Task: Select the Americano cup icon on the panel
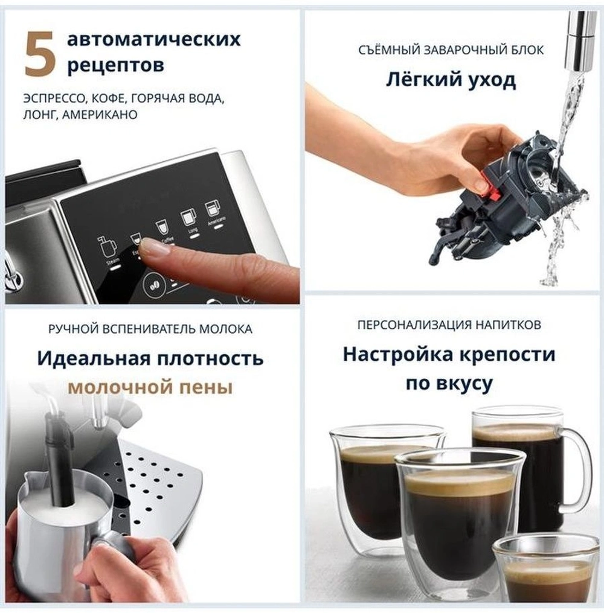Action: (x=211, y=209)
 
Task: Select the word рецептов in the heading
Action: (x=115, y=65)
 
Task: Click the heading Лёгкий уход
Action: (x=451, y=80)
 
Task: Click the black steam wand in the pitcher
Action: (x=62, y=459)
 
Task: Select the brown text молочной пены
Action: (x=150, y=387)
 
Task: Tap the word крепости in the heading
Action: (x=505, y=354)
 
